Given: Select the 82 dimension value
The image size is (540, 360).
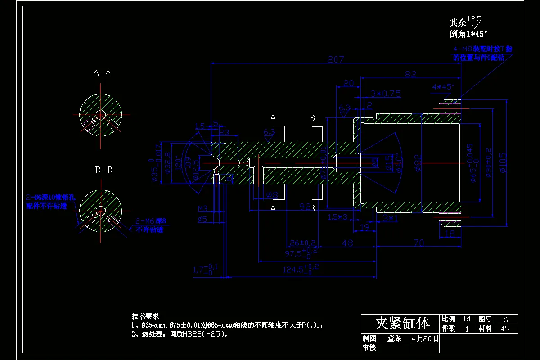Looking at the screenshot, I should pyautogui.click(x=410, y=74).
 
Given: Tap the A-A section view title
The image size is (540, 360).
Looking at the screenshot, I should pyautogui.click(x=102, y=73).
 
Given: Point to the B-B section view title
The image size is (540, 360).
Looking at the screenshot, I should pyautogui.click(x=103, y=171).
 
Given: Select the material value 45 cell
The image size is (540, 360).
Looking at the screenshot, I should pyautogui.click(x=505, y=328).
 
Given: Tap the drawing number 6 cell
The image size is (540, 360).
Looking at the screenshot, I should pyautogui.click(x=505, y=319).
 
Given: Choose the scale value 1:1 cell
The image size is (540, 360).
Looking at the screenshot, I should pyautogui.click(x=467, y=319).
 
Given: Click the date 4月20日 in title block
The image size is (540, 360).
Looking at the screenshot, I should pyautogui.click(x=423, y=338).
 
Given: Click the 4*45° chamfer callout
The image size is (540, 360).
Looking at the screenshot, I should pyautogui.click(x=443, y=87).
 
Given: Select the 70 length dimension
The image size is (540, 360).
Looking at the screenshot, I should pyautogui.click(x=418, y=243).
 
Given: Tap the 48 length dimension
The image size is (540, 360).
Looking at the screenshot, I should pyautogui.click(x=347, y=243).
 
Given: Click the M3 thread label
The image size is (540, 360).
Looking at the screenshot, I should pyautogui.click(x=203, y=208).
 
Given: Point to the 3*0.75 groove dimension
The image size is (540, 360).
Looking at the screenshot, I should pyautogui.click(x=386, y=94).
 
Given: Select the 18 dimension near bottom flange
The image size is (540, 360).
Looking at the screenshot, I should pyautogui.click(x=450, y=234).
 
